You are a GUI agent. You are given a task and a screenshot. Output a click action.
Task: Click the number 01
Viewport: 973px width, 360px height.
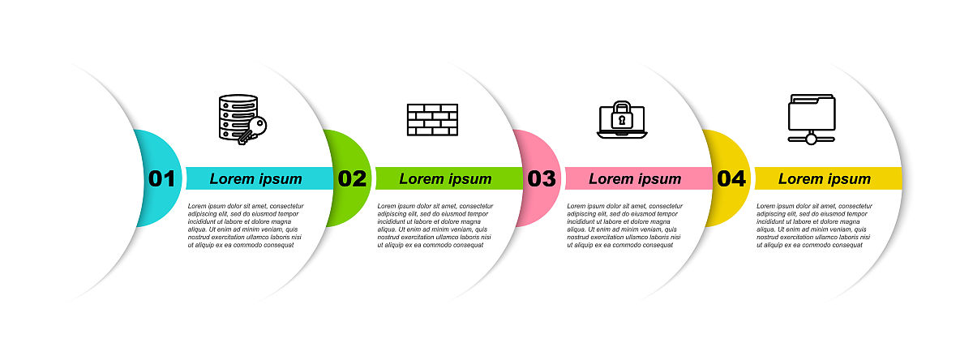point(161,178)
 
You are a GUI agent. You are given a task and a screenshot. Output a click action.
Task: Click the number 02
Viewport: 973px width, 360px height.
point(352,178)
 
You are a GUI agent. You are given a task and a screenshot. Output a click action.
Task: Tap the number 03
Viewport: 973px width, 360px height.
point(542,178)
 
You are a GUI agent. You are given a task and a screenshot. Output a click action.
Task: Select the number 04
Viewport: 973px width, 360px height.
point(731,178)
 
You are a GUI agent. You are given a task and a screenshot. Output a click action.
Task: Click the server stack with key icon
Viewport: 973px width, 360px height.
point(242,119)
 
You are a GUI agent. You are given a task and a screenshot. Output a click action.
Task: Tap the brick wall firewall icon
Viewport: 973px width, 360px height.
point(432,120)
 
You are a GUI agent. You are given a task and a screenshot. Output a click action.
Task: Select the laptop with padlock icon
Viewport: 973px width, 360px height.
point(622,120)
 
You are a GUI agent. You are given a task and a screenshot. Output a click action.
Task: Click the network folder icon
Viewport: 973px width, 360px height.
point(812,119)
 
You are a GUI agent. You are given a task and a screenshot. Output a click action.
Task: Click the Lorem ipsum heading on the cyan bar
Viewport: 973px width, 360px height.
point(256,179)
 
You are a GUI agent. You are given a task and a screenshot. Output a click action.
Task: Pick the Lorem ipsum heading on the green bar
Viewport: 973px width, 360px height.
point(445,179)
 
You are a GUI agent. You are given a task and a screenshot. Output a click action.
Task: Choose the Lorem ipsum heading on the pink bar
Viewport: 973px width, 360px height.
point(635,179)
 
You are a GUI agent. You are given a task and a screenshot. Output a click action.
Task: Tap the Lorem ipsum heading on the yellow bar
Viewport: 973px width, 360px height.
point(825,179)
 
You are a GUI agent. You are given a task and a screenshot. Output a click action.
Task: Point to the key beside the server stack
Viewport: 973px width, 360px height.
point(253,131)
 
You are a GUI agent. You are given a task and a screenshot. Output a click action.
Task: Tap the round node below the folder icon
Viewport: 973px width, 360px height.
point(812,139)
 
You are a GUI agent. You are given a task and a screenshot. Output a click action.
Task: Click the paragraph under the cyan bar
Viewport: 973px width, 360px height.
point(246,225)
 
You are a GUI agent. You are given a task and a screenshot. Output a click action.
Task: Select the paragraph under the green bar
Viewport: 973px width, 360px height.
point(435,225)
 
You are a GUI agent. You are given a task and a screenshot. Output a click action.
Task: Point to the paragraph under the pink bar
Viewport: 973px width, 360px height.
point(624,225)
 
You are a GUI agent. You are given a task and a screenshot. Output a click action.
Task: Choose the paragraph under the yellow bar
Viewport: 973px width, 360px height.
point(814,225)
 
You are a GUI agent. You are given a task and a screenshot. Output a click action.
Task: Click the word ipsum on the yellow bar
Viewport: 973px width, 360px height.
point(849,180)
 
